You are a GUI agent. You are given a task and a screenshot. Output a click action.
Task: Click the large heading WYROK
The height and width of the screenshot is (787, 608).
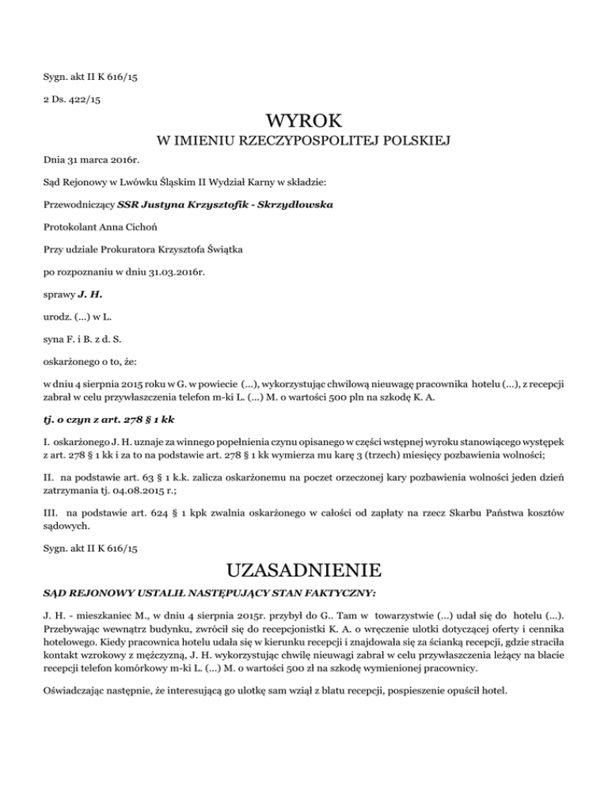click(304, 121)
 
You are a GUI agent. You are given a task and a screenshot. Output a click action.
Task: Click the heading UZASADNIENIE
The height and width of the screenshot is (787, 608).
click(304, 569)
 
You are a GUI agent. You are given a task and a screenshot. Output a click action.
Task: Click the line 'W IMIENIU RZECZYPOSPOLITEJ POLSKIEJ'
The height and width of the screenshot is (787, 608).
click(304, 143)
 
